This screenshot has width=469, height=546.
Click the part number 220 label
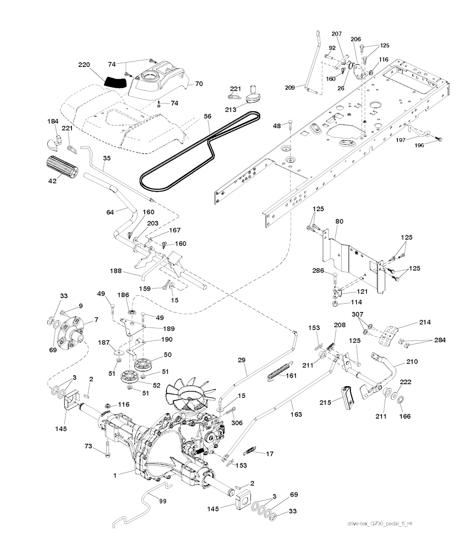coord(84,65)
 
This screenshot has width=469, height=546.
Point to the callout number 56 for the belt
coord(207,117)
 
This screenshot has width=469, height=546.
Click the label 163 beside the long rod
coord(296,414)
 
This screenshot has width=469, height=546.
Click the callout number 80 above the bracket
coord(352,221)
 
